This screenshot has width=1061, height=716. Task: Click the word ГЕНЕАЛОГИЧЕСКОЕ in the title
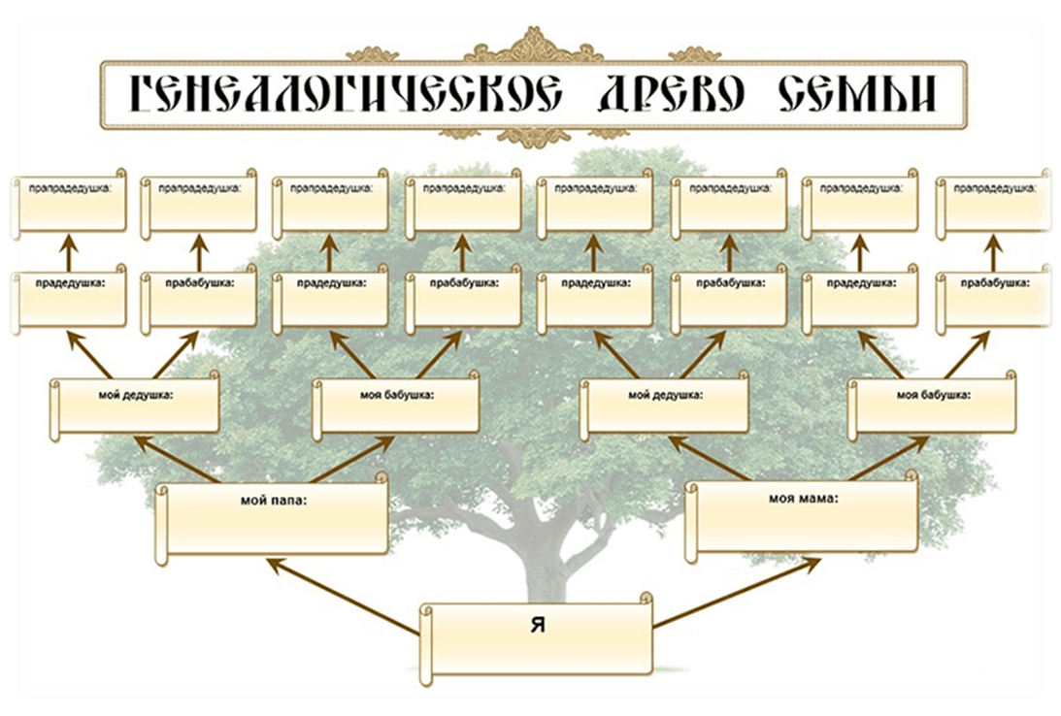click(346, 93)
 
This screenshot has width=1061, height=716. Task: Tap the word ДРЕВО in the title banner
click(672, 93)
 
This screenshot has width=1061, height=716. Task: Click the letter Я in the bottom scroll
click(538, 626)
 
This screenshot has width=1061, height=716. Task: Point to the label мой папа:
click(274, 501)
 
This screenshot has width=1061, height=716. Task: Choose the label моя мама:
click(803, 499)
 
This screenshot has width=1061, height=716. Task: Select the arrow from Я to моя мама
click(738, 593)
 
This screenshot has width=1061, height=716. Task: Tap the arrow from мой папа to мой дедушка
click(176, 459)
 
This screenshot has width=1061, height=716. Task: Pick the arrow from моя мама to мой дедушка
click(709, 458)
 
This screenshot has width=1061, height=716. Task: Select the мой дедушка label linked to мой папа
click(136, 396)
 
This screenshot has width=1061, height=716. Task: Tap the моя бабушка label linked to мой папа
click(396, 395)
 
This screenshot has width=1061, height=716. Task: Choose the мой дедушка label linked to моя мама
click(665, 395)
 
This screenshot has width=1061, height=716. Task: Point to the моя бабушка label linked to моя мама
click(934, 395)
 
